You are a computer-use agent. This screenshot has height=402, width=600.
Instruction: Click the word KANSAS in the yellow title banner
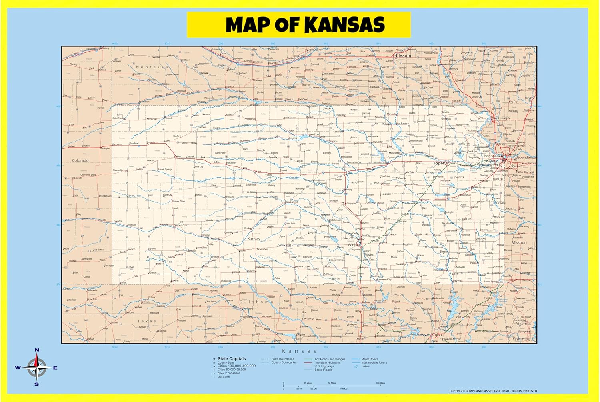(345, 25)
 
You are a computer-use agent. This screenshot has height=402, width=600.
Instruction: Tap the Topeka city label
(440, 163)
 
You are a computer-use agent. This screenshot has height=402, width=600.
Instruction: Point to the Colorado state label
(80, 160)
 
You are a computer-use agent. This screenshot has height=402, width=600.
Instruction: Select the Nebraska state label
(152, 67)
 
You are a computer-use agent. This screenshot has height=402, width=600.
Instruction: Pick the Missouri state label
(519, 243)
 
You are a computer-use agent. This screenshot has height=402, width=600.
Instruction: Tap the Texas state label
(147, 321)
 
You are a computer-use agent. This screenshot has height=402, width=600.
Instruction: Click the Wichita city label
(354, 244)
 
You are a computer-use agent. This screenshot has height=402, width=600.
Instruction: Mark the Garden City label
(180, 226)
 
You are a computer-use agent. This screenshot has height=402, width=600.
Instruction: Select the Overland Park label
(489, 164)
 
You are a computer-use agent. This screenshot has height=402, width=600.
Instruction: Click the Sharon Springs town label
(120, 170)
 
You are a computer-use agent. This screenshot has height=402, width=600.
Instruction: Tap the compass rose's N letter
(37, 350)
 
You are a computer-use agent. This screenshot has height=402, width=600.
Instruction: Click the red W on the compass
(18, 368)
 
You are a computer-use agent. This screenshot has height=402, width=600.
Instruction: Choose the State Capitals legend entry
(232, 359)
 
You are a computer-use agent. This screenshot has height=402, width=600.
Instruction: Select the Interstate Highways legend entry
(327, 363)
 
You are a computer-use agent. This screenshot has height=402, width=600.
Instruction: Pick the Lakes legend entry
(365, 366)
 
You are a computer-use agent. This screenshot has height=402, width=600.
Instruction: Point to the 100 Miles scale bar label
(380, 383)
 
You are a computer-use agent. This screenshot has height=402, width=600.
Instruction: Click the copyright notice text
(493, 391)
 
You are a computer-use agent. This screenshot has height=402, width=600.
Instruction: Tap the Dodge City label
(213, 238)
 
